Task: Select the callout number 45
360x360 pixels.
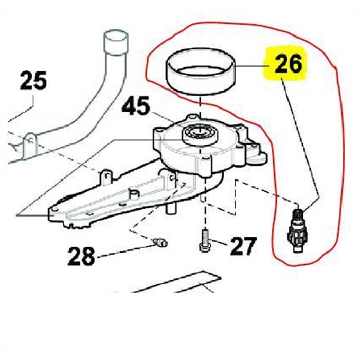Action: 136,107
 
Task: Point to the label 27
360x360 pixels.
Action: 242,247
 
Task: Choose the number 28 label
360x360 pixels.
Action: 81,256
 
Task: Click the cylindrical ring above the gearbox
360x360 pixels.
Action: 201,72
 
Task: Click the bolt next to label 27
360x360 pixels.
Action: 203,241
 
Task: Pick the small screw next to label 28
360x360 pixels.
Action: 160,240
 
